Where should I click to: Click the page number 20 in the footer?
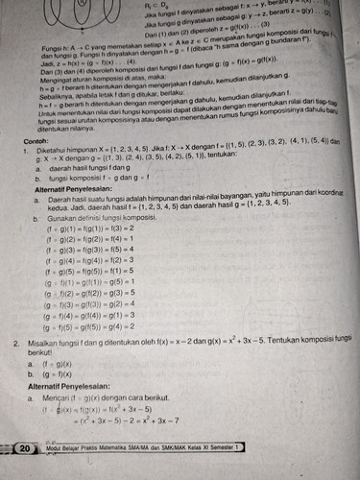pos(25,448)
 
